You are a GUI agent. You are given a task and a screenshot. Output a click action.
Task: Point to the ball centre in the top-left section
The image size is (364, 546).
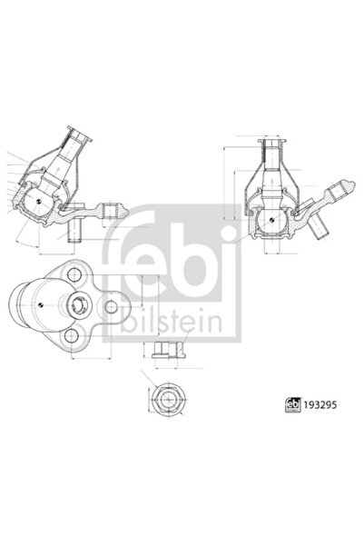point(41,201)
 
